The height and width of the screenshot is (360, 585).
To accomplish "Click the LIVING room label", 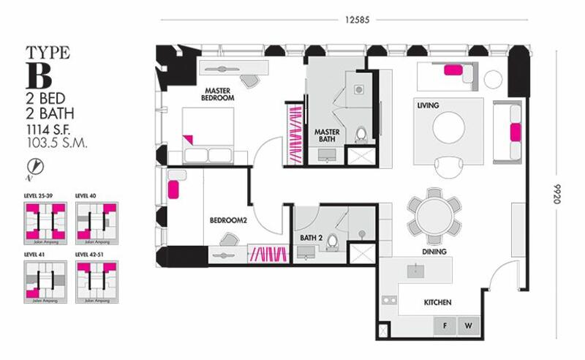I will coord(428,105).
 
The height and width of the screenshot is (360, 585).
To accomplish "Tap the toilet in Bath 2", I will coord(333,239).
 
